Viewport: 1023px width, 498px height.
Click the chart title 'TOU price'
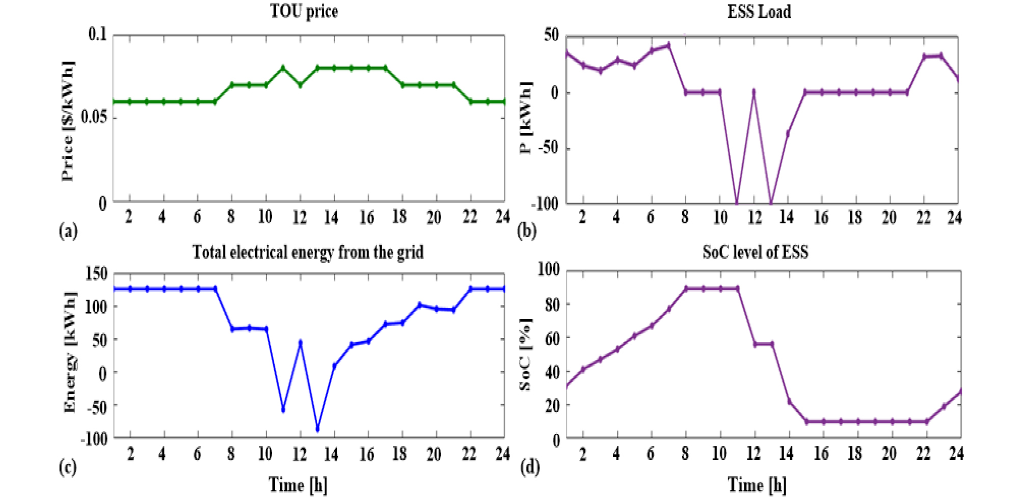coord(304,11)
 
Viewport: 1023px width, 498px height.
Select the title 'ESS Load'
coord(759,11)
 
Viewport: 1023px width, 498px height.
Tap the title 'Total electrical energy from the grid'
coord(308,252)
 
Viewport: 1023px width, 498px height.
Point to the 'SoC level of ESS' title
coord(755,252)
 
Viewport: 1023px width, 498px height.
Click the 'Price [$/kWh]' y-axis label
coord(68,121)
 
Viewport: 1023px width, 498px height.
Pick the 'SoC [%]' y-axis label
coord(525,354)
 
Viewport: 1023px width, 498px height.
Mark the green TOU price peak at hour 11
coord(283,68)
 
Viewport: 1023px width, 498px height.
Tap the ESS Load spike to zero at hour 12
coord(753,92)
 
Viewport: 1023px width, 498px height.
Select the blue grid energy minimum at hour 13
coord(317,430)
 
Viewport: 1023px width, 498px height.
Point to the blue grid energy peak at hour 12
coord(301,343)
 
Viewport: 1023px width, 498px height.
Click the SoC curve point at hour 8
coord(686,289)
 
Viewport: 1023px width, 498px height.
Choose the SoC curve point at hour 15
coord(806,422)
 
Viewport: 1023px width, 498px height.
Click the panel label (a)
coord(68,231)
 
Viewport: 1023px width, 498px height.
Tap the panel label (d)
coord(530,466)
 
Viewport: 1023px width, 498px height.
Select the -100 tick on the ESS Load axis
coord(545,204)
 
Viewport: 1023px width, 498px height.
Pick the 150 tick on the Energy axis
coord(96,274)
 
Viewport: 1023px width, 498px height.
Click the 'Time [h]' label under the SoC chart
coord(757,485)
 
